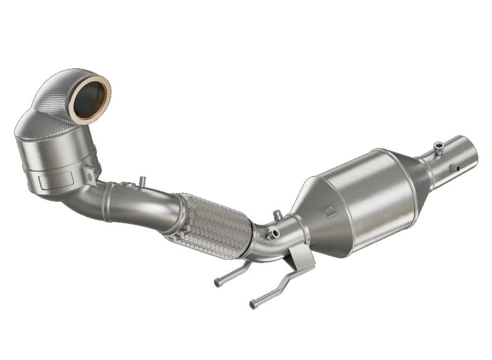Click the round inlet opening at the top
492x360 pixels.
point(90,98)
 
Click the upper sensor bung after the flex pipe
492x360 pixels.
point(277,215)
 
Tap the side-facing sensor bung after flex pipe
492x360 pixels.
point(271,233)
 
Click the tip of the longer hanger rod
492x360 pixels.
point(253,304)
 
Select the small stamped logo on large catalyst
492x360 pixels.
point(331,212)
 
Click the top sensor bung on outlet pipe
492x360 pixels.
point(438,148)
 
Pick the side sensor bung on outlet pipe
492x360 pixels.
point(453,168)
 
